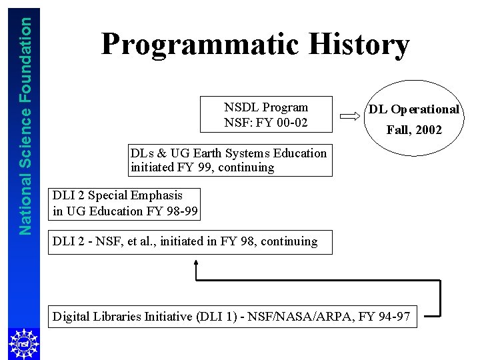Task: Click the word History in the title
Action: [x=359, y=45]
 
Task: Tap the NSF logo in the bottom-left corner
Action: [x=20, y=343]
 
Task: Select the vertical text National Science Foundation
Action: [x=25, y=125]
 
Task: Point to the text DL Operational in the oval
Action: [x=414, y=109]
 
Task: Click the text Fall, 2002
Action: [x=414, y=130]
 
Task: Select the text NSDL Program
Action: [x=266, y=107]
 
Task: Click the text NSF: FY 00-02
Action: [x=266, y=123]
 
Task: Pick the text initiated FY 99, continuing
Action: [x=202, y=167]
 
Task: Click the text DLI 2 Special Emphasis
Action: [x=117, y=195]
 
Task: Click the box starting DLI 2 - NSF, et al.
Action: [x=185, y=241]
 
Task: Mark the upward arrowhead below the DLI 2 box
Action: [x=196, y=263]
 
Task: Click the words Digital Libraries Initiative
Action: [x=123, y=316]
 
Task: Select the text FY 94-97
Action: [x=387, y=316]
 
